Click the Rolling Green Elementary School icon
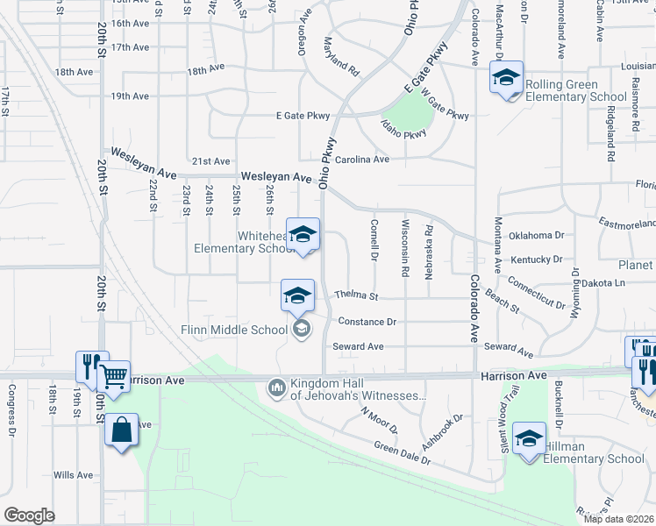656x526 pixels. (506, 79)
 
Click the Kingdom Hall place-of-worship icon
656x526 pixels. (277, 386)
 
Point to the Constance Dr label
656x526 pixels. (367, 322)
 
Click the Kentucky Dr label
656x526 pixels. (536, 259)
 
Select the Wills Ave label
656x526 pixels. (73, 475)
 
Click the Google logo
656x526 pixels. (29, 515)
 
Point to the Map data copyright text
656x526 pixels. (618, 519)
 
